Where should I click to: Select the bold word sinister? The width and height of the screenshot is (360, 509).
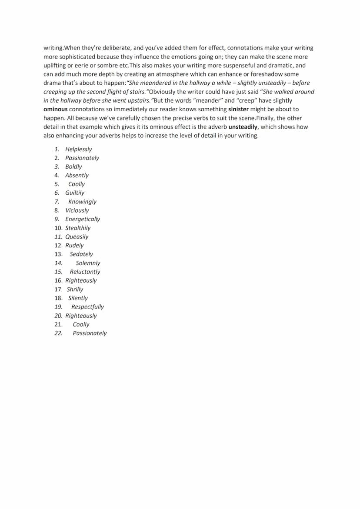[x=240, y=109]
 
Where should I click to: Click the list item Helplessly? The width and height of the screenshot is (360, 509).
[x=79, y=149]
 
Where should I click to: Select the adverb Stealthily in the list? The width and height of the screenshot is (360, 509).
[x=78, y=228]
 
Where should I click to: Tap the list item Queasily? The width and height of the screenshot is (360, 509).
[x=77, y=236]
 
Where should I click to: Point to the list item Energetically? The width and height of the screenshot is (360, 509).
[x=83, y=219]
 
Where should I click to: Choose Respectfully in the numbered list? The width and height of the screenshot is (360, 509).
[x=87, y=306]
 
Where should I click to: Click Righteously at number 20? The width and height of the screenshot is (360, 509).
[x=81, y=316]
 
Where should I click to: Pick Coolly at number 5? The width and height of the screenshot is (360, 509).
[x=77, y=184]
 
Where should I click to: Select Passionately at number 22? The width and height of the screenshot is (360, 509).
[x=90, y=333]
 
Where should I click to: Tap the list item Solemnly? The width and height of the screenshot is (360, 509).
[x=88, y=263]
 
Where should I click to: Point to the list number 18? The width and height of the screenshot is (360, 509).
[x=58, y=298]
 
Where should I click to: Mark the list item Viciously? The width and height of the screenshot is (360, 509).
[x=77, y=210]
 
